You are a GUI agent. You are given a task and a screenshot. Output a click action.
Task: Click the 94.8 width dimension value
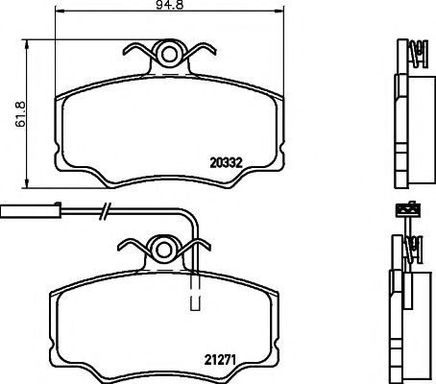click(x=169, y=5)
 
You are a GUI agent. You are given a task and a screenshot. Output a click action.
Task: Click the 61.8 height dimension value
click(x=21, y=114)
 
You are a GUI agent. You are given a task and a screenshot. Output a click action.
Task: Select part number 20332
click(x=226, y=163)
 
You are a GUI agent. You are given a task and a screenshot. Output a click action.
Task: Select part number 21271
click(x=220, y=360)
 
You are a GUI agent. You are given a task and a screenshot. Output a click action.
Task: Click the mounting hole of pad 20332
click(x=169, y=55)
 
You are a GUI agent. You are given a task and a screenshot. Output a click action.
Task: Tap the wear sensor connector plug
click(x=31, y=211)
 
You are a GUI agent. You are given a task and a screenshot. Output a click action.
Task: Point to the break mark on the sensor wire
click(x=106, y=211)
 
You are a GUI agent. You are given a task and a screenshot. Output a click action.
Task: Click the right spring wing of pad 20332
click(x=201, y=51)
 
